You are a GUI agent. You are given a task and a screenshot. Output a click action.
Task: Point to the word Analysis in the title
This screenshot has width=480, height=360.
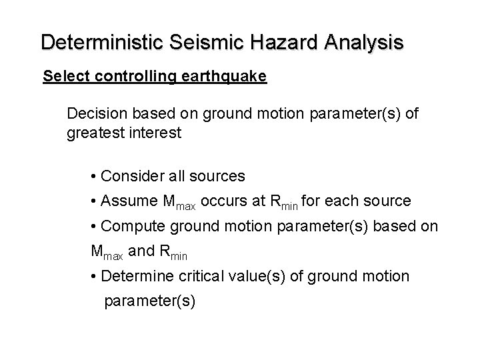[x=365, y=42]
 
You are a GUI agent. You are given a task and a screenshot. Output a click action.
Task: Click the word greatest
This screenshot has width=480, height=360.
[x=95, y=133]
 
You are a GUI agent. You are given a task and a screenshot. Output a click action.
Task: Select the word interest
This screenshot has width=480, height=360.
[x=155, y=133]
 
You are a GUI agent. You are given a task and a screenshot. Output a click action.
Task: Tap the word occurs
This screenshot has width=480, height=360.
[x=223, y=201]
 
